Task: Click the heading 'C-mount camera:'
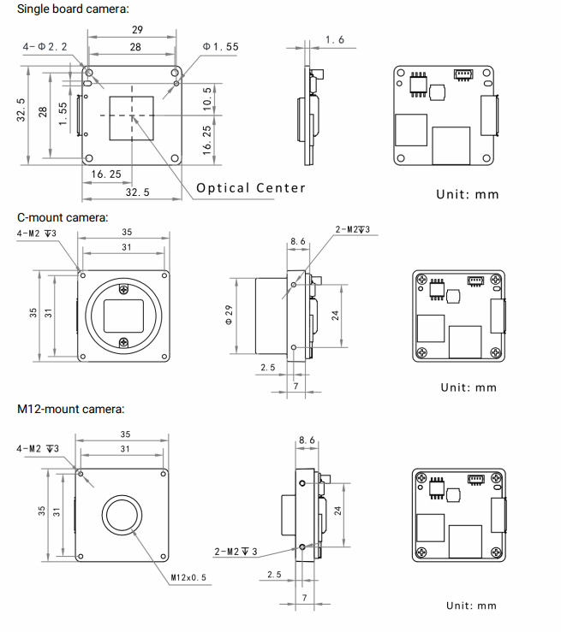63,217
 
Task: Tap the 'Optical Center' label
250,188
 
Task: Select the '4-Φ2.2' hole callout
45,47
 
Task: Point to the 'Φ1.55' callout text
220,47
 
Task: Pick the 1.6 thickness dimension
335,40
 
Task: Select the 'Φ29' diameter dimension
230,315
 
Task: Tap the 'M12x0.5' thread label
188,578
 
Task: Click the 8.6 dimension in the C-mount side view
297,242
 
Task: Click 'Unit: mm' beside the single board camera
467,194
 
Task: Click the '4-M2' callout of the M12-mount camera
39,448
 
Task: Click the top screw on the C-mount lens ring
125,287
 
